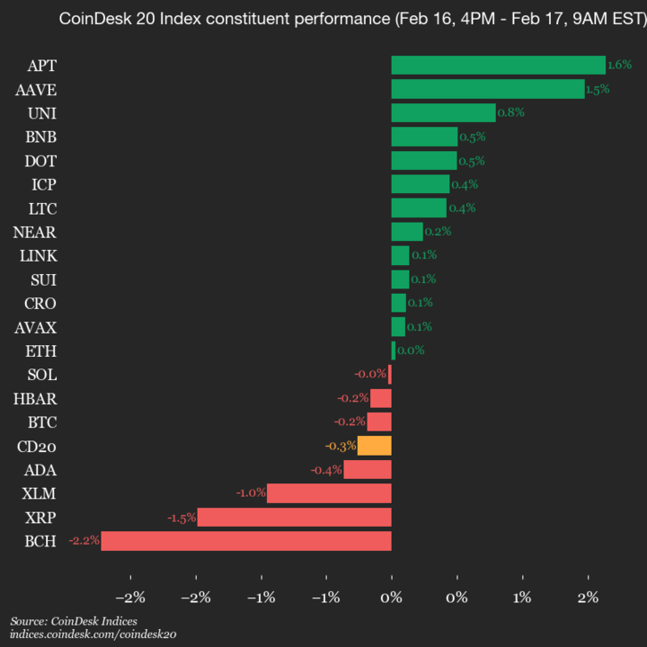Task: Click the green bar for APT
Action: (x=498, y=66)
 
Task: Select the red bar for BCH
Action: (x=246, y=541)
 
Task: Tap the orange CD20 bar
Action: (x=374, y=446)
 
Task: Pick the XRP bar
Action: (x=294, y=518)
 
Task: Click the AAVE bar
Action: (x=487, y=89)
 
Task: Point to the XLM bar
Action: (x=329, y=493)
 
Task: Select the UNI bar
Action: (x=443, y=112)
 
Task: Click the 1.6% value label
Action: (x=620, y=66)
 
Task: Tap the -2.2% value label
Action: (x=84, y=541)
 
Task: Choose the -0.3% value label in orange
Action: (x=341, y=446)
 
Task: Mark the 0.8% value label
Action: (x=511, y=112)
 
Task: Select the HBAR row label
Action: (x=36, y=398)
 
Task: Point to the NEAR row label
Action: (x=36, y=232)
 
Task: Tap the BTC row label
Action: (x=40, y=422)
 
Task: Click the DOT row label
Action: (x=40, y=161)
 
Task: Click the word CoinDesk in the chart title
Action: (x=89, y=19)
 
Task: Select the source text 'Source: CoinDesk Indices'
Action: (x=74, y=621)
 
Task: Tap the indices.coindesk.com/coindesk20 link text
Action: (x=93, y=634)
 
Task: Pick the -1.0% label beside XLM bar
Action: (x=251, y=493)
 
